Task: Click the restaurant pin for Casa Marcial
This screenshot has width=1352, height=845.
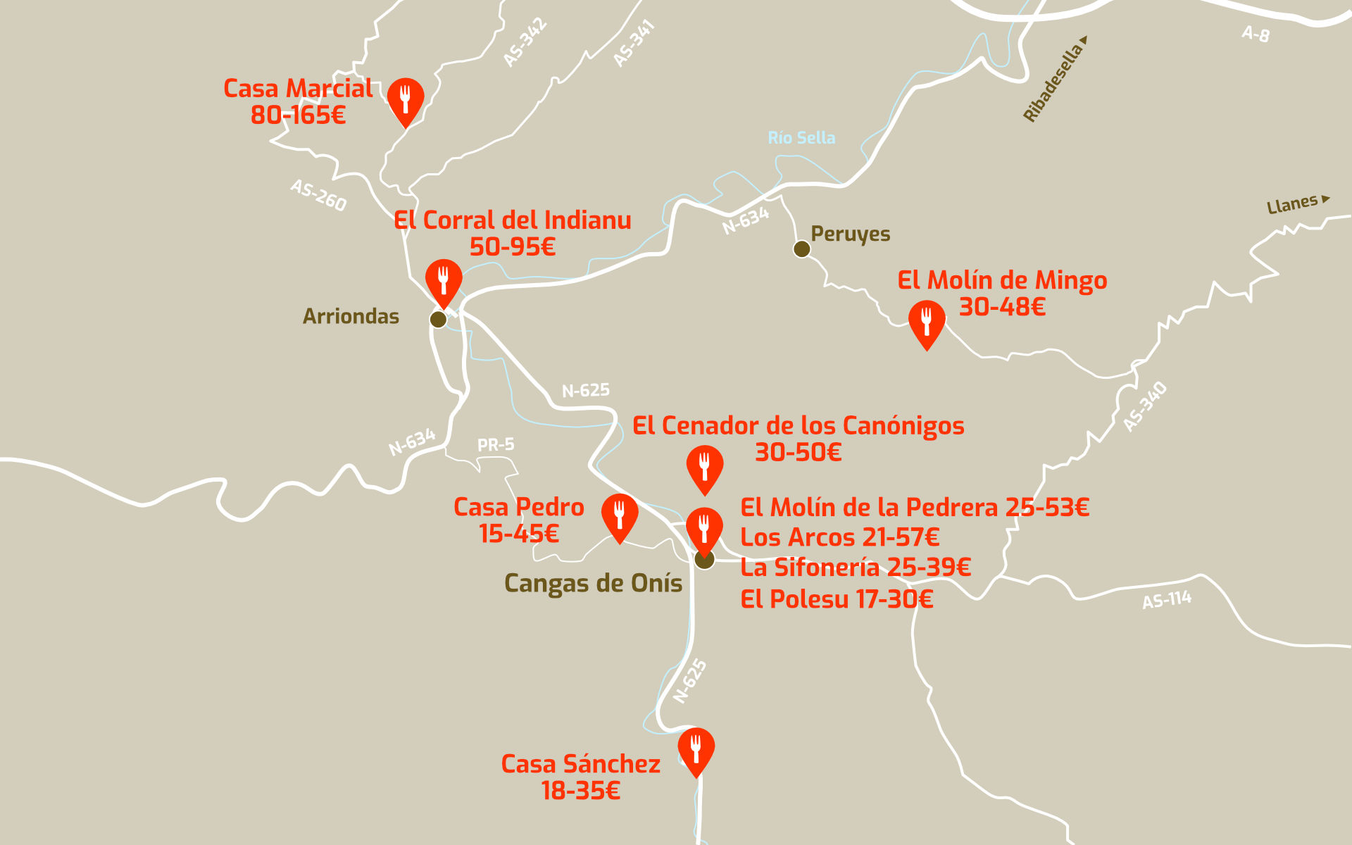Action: [x=406, y=99]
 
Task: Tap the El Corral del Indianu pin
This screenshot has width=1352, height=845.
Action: [x=444, y=280]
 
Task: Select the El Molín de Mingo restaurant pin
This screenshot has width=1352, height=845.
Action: [x=927, y=321]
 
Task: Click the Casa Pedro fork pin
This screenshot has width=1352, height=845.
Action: [x=620, y=515]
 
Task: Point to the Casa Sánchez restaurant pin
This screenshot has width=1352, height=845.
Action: [x=696, y=749]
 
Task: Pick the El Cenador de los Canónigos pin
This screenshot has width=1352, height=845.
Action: [x=704, y=466]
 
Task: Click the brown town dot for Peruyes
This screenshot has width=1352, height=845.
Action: [x=801, y=249]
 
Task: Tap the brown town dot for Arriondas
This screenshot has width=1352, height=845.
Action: [x=438, y=320]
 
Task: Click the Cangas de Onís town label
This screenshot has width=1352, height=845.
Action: [x=593, y=584]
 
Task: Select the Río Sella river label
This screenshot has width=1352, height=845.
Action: [x=801, y=138]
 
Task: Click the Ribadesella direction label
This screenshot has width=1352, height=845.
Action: [x=1054, y=81]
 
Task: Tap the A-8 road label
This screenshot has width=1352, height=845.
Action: [x=1256, y=33]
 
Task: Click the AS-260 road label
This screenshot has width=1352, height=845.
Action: [x=319, y=195]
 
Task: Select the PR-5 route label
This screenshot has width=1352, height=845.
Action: [x=496, y=445]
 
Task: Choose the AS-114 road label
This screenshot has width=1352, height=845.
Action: [x=1167, y=600]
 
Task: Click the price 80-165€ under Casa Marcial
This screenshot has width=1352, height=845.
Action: [x=299, y=115]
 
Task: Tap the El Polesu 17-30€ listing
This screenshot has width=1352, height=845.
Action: [x=837, y=599]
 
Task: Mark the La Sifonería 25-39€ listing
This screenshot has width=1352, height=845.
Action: [x=856, y=568]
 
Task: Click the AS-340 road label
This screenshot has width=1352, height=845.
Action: [x=1145, y=406]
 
